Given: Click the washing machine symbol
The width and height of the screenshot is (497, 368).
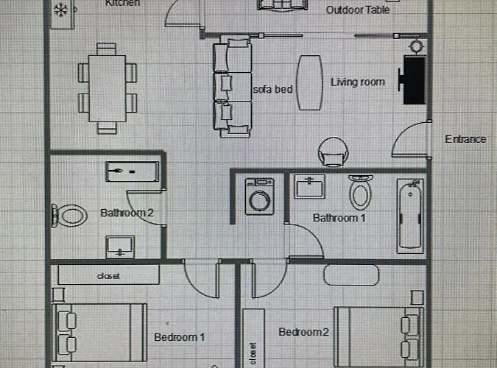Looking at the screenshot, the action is click(260, 197).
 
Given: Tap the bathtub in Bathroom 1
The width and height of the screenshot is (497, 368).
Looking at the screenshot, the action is click(410, 216).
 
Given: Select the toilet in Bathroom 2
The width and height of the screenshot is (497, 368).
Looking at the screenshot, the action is click(69, 216).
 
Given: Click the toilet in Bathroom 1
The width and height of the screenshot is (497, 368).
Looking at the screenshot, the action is click(360, 192).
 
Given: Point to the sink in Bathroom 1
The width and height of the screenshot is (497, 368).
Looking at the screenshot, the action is click(310, 186).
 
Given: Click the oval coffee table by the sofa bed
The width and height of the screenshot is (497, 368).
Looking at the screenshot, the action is click(310, 82).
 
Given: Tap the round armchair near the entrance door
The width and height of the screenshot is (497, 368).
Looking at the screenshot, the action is click(333, 152).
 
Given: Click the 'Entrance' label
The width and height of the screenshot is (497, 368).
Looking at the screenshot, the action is click(465, 139).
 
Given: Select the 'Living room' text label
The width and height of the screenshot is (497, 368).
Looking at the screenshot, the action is click(358, 82).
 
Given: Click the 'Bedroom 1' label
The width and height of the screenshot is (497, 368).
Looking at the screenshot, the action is click(180, 337).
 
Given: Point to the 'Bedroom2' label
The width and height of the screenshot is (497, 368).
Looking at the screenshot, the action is click(303, 332).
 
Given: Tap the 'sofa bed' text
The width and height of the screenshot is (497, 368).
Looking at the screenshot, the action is click(272, 89).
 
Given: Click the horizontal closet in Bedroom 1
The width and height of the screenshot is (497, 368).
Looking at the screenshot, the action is click(108, 275).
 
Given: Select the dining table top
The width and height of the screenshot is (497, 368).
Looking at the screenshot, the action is click(107, 88).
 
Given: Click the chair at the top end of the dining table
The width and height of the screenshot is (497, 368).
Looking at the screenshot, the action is click(106, 49).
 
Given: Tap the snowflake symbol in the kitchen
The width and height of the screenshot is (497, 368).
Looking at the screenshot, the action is click(61, 10).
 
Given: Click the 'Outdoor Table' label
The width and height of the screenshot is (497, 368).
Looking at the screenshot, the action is click(358, 10).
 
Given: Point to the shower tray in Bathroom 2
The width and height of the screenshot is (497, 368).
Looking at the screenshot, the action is click(133, 171).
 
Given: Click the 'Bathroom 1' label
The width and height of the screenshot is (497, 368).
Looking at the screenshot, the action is click(339, 218).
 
